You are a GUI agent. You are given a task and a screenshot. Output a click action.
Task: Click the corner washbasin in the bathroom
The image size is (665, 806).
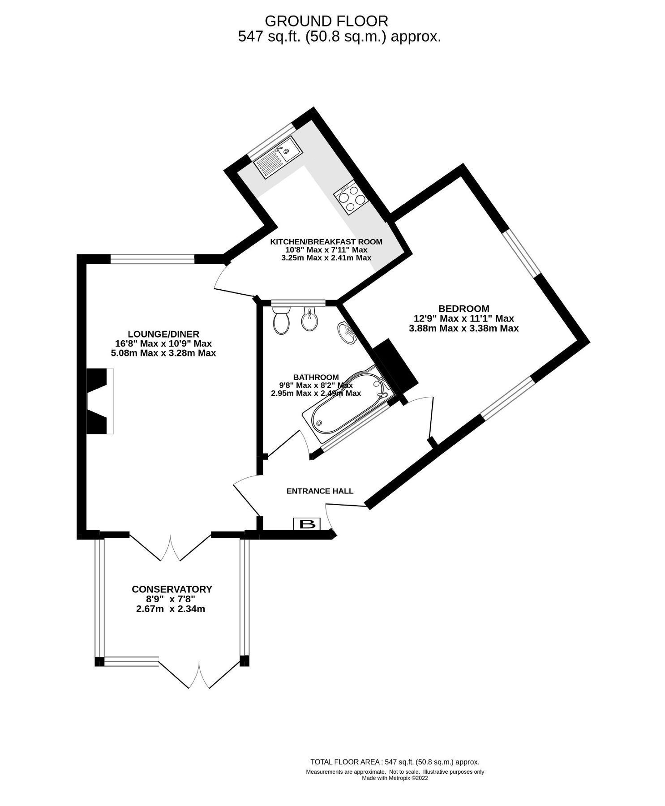coord(346,332)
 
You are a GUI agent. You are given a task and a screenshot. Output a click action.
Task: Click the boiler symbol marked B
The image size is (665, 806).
coord(307,523)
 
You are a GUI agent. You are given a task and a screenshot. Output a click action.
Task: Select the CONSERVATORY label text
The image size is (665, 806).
coord(172,589)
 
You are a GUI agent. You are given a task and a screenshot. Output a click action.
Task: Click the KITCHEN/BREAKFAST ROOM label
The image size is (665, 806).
coord(326,242)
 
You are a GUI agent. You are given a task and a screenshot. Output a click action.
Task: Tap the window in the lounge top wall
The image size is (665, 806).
coord(152,259)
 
